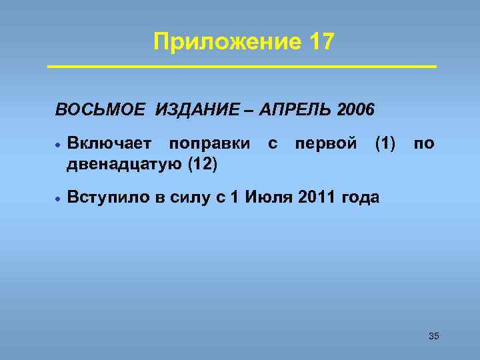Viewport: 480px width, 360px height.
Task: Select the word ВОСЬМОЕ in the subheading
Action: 99,109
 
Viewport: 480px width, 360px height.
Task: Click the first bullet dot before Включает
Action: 59,143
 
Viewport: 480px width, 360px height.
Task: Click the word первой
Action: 325,143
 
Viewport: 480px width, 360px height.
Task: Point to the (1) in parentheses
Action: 385,143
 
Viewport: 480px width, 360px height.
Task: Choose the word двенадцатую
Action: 124,163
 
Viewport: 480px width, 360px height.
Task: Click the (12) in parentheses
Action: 202,163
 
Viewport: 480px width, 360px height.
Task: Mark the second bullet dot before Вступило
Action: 59,198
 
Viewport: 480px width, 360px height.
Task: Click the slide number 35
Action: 433,336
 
